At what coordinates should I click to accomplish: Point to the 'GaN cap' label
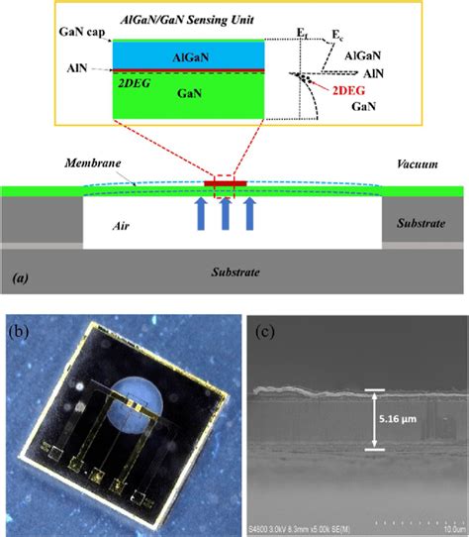point(76,33)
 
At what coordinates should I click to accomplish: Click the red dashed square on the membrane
point(225,184)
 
